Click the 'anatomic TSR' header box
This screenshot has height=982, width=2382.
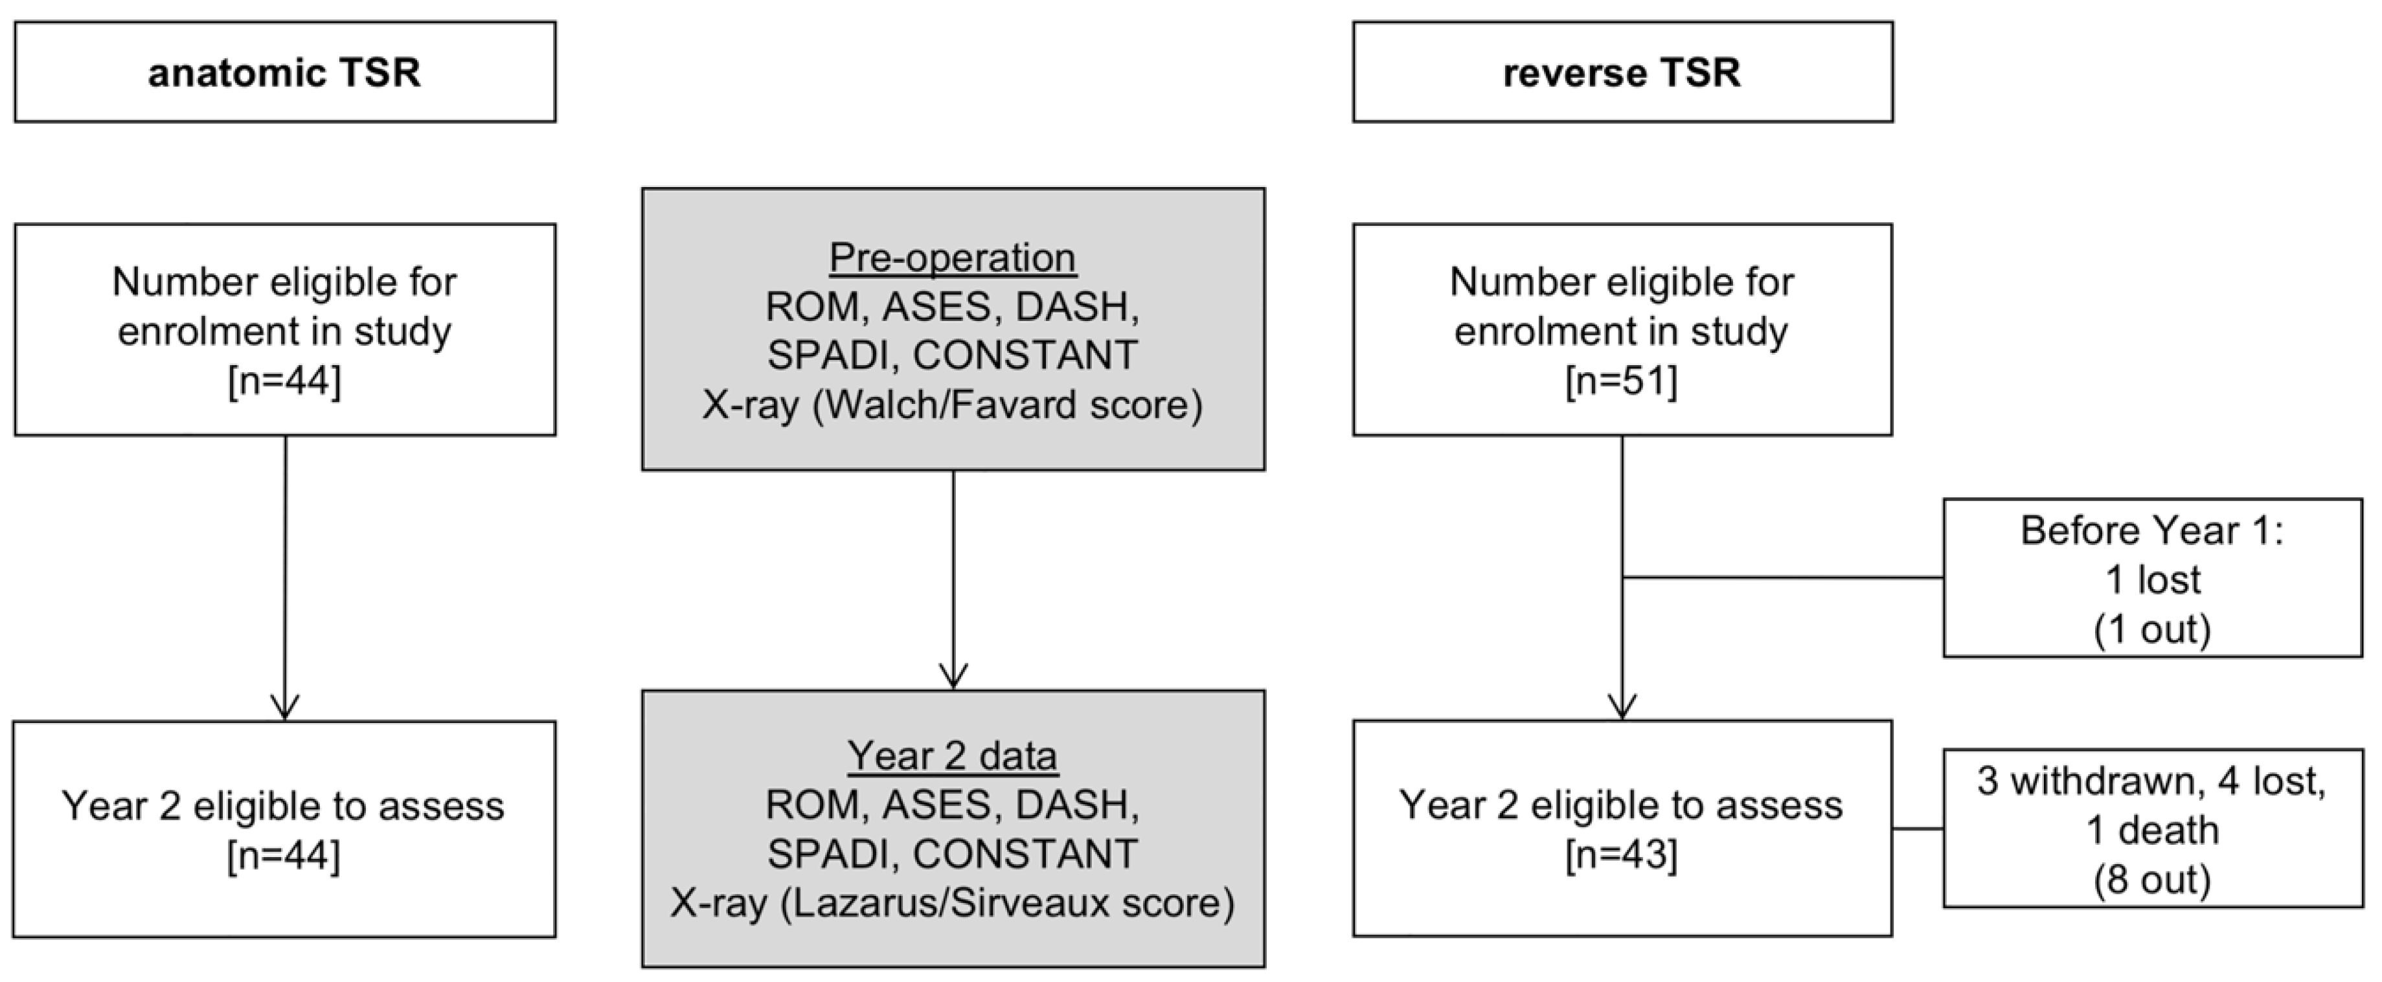(x=285, y=72)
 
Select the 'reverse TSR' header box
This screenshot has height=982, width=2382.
(x=1622, y=72)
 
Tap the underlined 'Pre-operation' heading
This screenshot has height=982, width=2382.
(x=953, y=257)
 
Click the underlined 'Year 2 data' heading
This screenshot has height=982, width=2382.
(x=953, y=755)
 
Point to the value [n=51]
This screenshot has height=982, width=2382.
(x=1621, y=380)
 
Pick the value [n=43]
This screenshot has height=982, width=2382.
(x=1621, y=854)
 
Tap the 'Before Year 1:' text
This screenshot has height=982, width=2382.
(x=2151, y=531)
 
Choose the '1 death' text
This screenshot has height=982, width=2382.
(x=2151, y=831)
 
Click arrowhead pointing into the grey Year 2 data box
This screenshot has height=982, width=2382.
(x=953, y=677)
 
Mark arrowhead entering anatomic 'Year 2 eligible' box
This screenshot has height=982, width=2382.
(x=285, y=708)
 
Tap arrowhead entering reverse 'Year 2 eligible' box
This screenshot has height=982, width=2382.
(x=1622, y=708)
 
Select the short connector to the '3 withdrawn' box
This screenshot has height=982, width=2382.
(x=1917, y=829)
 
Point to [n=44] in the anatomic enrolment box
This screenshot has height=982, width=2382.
(x=285, y=380)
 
